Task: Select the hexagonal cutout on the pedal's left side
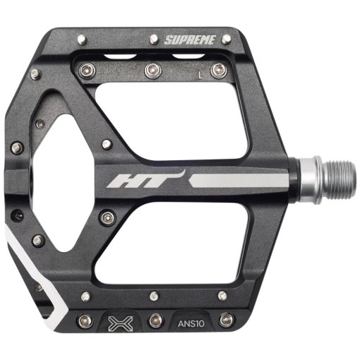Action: click(x=60, y=181)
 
